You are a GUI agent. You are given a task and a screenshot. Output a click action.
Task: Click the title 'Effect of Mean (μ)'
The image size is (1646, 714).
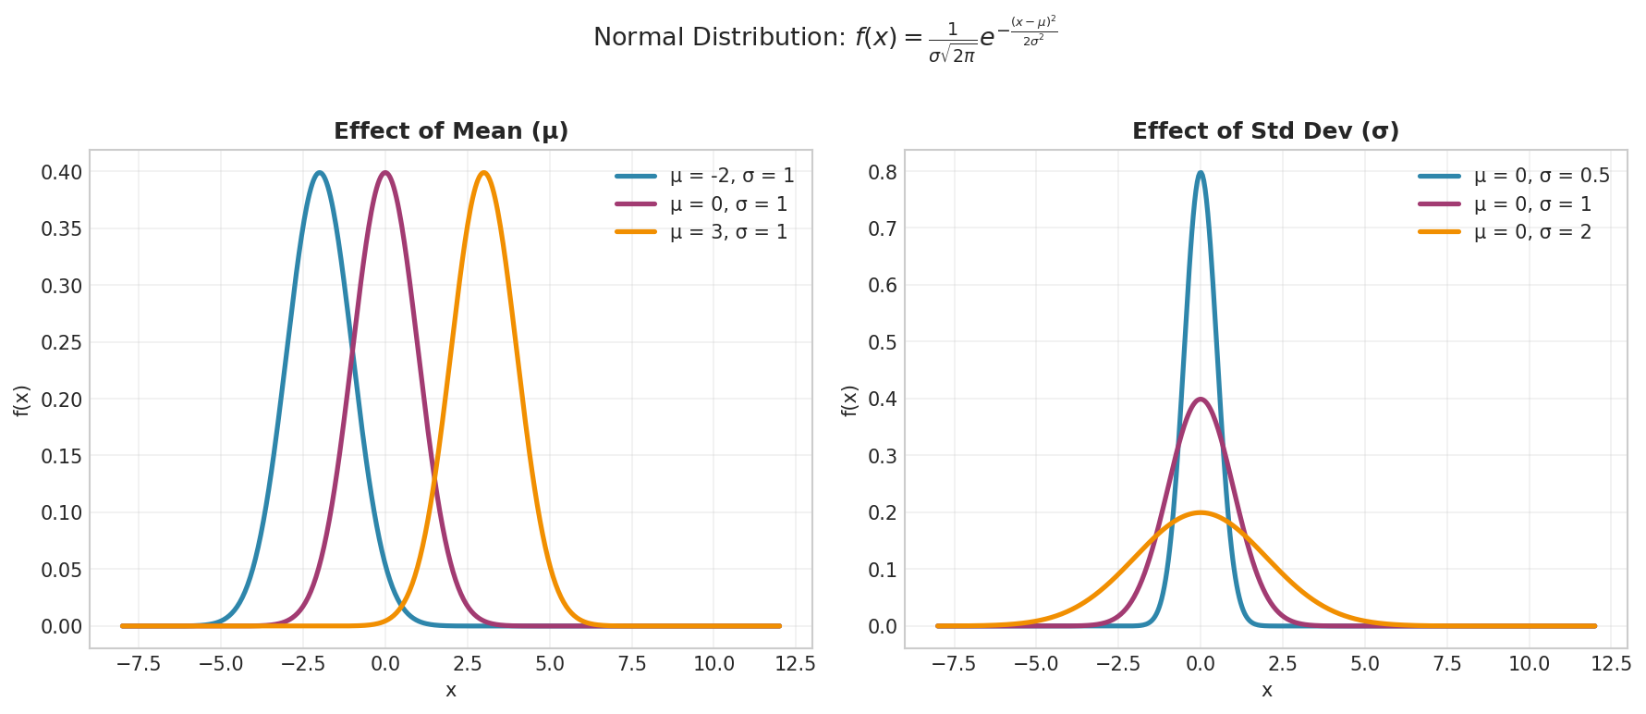(x=451, y=131)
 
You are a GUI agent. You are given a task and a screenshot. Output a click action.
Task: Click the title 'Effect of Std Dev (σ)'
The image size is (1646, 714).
(x=1265, y=131)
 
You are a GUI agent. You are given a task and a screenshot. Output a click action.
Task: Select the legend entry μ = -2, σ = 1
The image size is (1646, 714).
(x=731, y=176)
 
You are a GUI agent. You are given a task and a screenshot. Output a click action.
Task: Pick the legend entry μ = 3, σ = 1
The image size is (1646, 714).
(x=728, y=232)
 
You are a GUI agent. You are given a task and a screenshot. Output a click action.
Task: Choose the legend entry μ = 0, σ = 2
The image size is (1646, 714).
(x=1532, y=232)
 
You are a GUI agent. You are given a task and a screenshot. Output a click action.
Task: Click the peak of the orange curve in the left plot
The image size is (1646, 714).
(x=483, y=173)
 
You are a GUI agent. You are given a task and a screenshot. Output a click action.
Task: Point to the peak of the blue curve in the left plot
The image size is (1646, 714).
(x=320, y=173)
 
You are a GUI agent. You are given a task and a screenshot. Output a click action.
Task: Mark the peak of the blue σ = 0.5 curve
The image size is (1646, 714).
(x=1200, y=173)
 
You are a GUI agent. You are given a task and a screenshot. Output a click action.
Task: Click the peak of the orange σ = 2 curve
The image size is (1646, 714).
(x=1200, y=512)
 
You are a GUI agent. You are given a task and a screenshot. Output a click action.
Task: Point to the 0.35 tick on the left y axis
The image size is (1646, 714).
(x=61, y=229)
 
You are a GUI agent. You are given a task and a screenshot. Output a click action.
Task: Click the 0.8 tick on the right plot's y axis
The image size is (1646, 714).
(x=883, y=172)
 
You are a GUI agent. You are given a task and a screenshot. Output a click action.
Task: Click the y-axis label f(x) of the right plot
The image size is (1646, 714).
(x=850, y=400)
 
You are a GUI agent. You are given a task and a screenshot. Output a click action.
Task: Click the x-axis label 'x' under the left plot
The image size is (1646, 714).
(x=451, y=691)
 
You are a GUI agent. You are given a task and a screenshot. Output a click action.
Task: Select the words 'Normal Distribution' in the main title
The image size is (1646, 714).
(x=718, y=38)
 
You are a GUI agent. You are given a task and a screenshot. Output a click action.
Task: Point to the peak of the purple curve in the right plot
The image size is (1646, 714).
(x=1200, y=400)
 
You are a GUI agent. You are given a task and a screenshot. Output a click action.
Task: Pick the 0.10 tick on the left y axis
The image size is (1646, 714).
(x=61, y=513)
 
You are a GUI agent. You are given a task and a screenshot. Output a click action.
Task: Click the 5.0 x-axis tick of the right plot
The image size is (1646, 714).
(x=1364, y=664)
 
